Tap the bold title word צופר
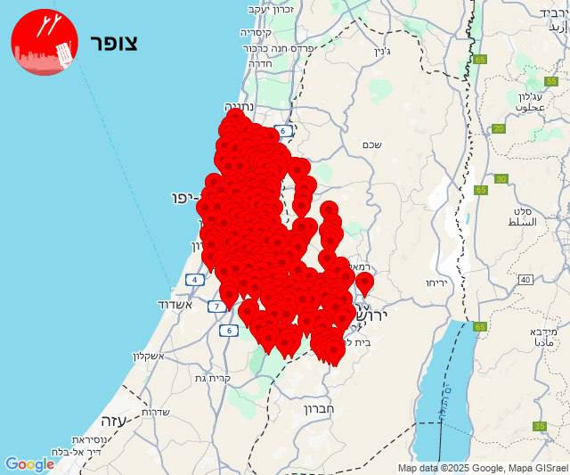coord(113,44)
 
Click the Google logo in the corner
coord(29,464)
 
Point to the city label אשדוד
coord(174,305)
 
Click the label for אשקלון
coord(151,356)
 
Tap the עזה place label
coord(112,420)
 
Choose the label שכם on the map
coord(372,144)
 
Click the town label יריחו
coord(436,283)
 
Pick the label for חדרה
coord(261,64)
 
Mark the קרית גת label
coord(213,378)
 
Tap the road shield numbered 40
coord(525,280)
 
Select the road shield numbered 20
coord(499,129)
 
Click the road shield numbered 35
coord(540,426)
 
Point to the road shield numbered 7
coord(216,307)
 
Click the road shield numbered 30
coord(501,179)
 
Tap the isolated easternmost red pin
coord(364,283)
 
